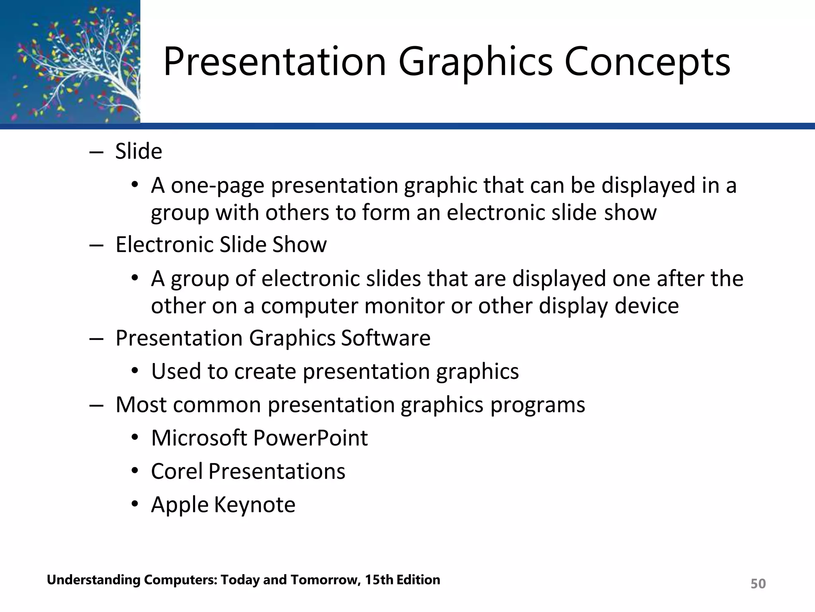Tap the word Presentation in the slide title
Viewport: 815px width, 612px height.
275,62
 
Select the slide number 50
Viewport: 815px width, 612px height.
758,584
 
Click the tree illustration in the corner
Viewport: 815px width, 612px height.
70,62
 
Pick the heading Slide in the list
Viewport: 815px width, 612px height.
138,152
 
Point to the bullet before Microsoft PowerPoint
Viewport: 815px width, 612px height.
135,438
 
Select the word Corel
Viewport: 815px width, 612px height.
177,471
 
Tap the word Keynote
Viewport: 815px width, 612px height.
255,505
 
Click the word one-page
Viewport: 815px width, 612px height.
218,186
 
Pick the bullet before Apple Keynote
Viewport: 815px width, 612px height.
135,504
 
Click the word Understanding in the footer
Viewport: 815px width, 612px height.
94,580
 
